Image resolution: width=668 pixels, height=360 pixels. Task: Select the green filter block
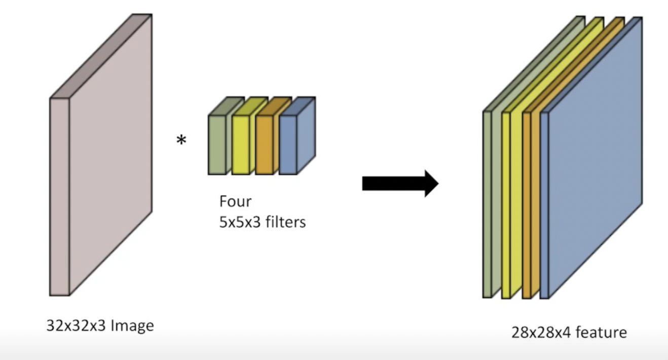pos(216,145)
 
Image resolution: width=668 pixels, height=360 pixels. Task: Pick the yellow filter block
pos(240,145)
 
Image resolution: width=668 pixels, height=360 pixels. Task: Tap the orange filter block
pos(264,145)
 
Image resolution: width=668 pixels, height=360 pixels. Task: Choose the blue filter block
pos(287,145)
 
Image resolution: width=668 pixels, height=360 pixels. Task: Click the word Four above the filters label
pos(235,201)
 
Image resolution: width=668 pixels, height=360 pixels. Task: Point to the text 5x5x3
pos(238,222)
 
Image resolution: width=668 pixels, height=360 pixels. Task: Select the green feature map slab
pos(488,203)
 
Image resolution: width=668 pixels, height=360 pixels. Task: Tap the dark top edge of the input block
pos(101,56)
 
